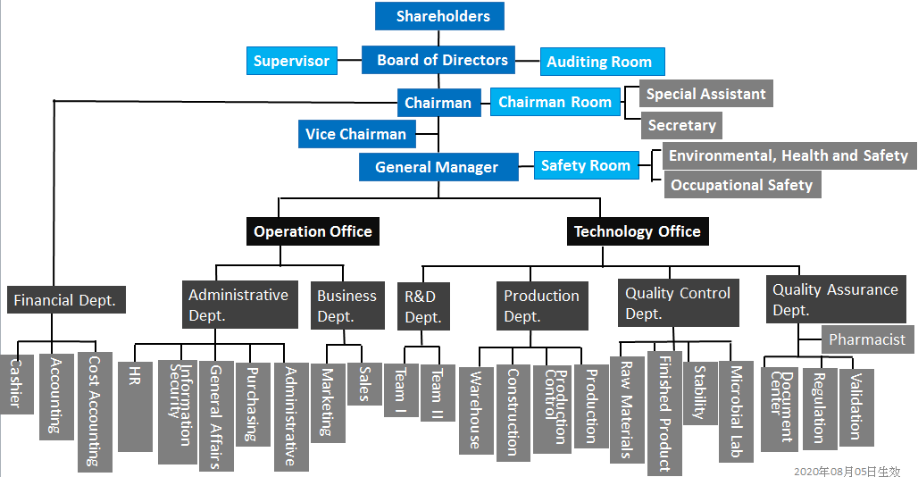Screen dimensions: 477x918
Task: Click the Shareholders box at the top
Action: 438,16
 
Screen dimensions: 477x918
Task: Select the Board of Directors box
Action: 438,60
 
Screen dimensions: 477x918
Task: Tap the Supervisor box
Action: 291,61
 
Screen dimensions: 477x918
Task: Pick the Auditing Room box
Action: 602,62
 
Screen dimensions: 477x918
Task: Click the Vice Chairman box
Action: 355,134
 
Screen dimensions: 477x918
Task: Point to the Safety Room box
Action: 586,165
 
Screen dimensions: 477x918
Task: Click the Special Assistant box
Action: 705,94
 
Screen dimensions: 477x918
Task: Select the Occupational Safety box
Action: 741,185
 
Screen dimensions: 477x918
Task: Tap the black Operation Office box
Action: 313,231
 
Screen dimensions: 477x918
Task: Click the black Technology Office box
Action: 638,231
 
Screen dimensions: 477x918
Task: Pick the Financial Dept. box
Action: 65,300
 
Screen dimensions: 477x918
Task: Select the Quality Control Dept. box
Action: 678,303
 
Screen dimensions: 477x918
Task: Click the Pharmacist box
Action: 866,339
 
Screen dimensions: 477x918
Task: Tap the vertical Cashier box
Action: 15,383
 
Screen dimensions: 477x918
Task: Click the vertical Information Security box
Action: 177,411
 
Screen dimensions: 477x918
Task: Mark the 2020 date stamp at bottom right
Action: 847,470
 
